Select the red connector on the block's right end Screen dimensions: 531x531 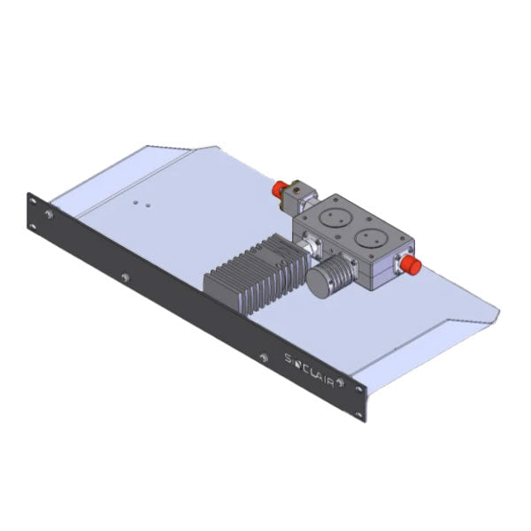click(x=411, y=265)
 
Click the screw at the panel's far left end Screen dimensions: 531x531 click(x=48, y=214)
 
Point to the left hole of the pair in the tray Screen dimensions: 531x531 click(x=135, y=202)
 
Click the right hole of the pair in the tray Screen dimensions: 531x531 click(x=146, y=205)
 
